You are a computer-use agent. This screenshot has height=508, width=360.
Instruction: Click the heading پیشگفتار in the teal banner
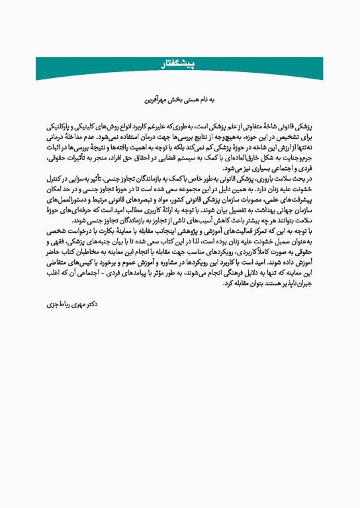pyautogui.click(x=180, y=63)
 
